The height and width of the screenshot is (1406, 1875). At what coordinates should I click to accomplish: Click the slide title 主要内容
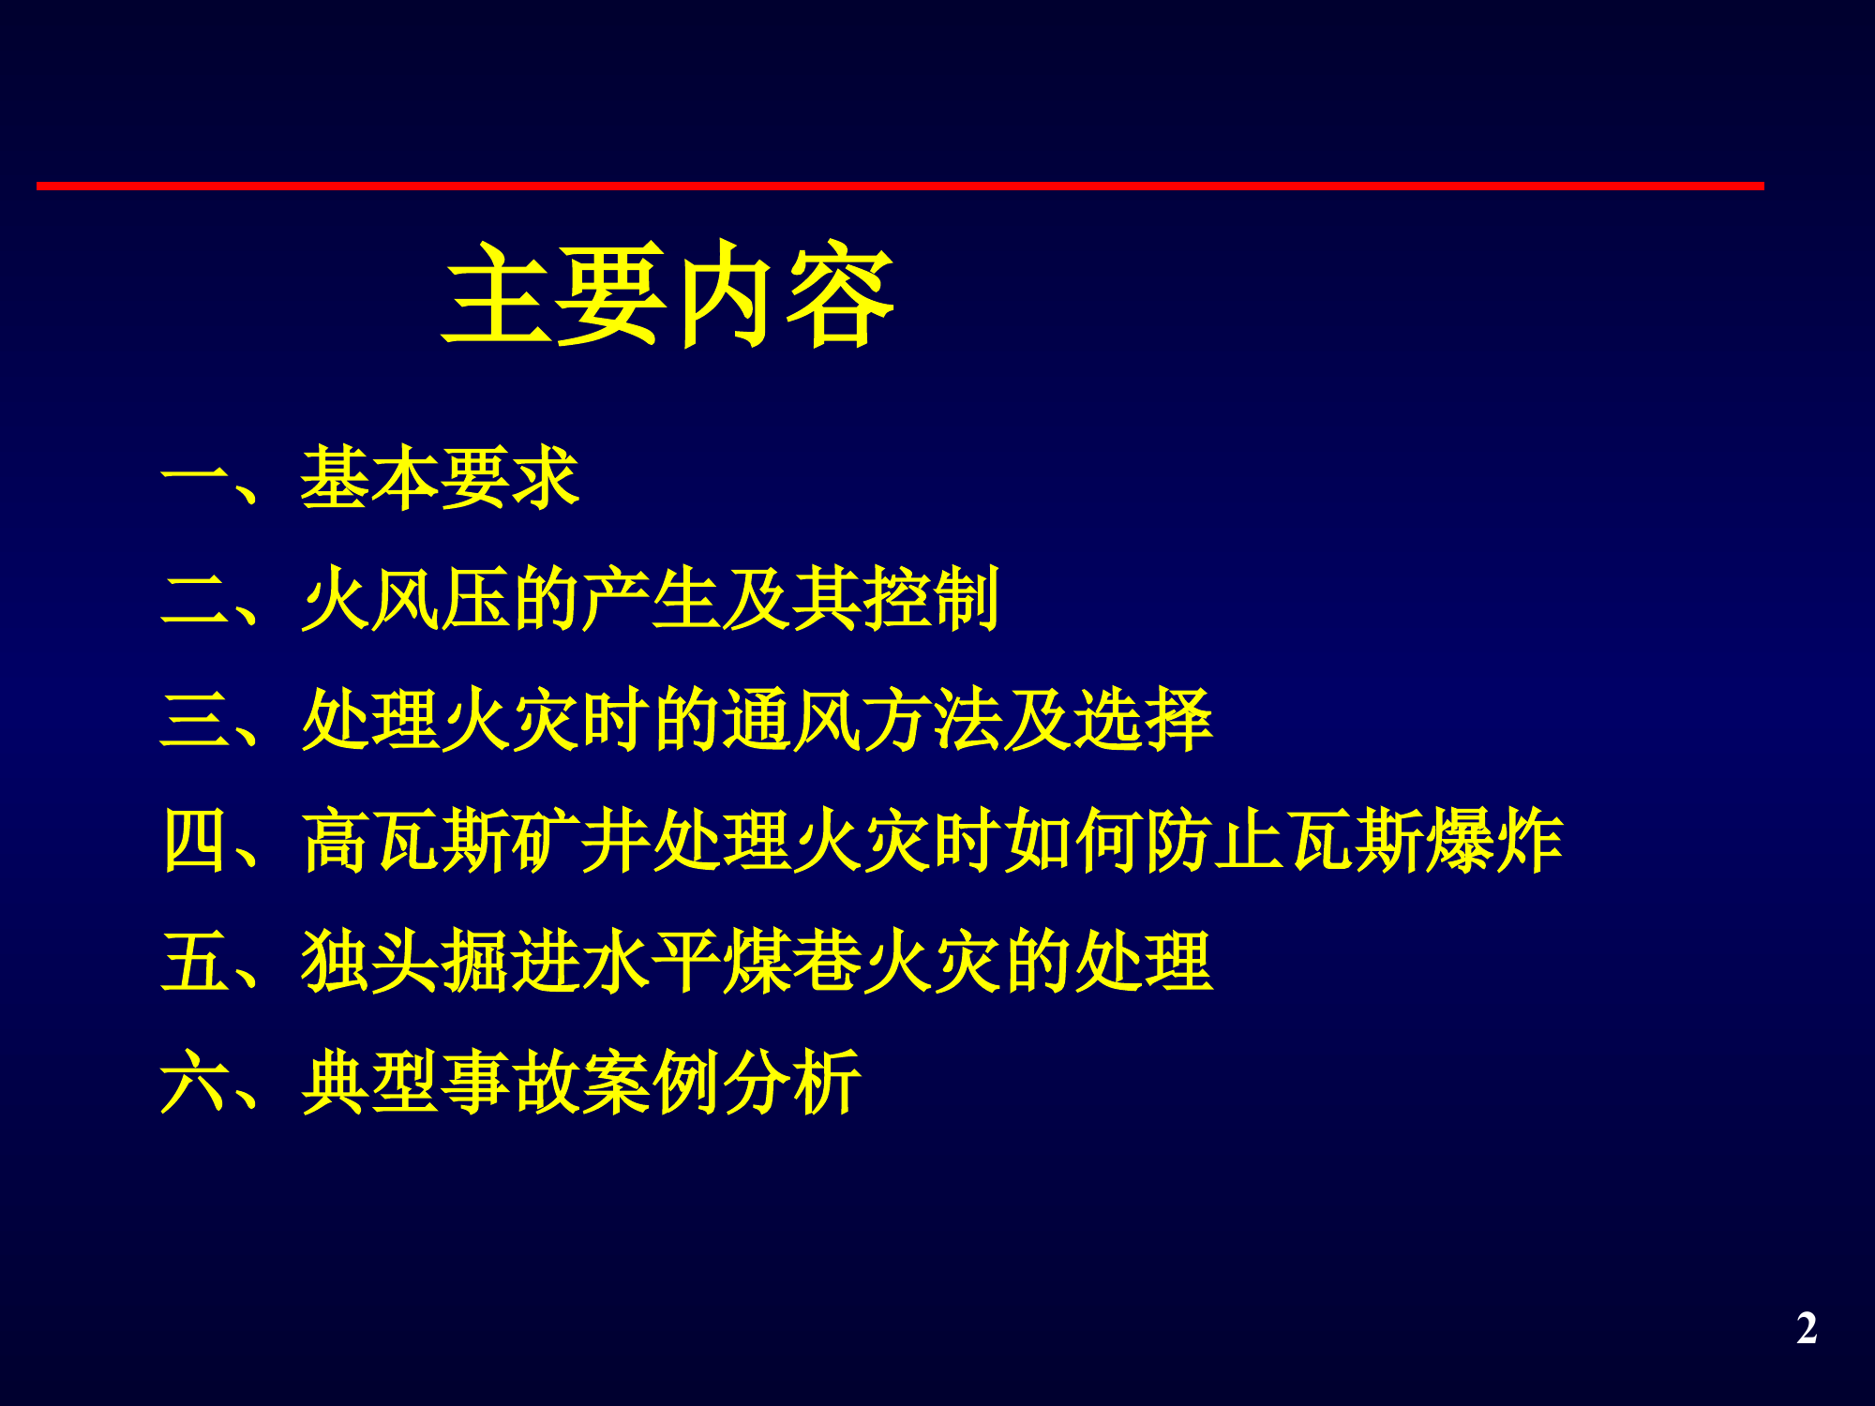(669, 294)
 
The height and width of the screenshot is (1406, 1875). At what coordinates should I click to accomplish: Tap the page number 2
(1807, 1328)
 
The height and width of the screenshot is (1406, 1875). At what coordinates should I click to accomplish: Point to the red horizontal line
(900, 187)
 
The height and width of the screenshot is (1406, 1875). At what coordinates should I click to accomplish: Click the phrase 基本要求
(440, 479)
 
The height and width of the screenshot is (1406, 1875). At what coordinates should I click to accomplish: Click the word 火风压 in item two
(405, 599)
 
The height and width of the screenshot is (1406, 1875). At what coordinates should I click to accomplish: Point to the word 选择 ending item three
(1142, 720)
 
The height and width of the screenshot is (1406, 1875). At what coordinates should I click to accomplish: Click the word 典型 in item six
(370, 1083)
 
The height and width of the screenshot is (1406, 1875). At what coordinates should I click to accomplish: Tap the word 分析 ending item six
(790, 1083)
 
